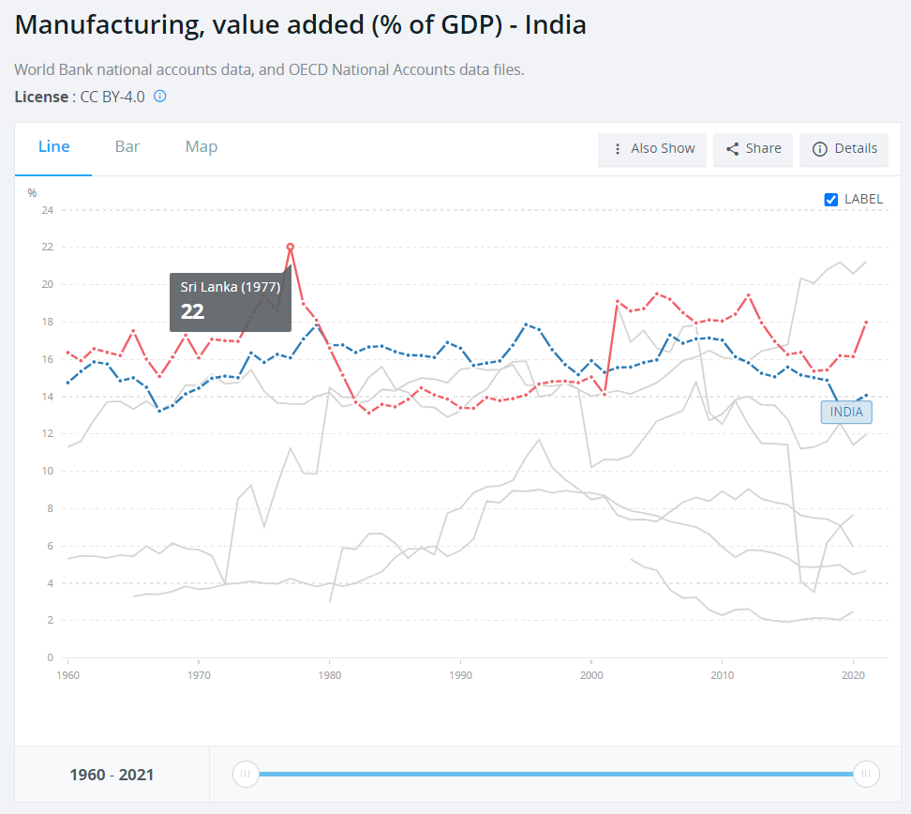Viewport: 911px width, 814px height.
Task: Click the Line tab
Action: [53, 147]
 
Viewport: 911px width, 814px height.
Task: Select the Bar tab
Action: [127, 147]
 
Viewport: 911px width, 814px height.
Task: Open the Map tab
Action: [202, 147]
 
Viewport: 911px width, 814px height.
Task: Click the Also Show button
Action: [652, 148]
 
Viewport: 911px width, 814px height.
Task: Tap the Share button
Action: [754, 148]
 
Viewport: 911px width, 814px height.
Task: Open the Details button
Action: [844, 148]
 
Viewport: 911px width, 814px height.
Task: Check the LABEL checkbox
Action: [830, 199]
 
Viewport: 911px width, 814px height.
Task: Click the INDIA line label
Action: [846, 412]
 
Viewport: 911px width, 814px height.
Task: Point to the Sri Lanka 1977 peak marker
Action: [291, 247]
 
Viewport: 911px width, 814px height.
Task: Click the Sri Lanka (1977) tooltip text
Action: [230, 288]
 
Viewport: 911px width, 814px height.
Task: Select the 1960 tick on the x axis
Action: [67, 674]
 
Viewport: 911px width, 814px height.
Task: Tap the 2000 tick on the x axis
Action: [590, 674]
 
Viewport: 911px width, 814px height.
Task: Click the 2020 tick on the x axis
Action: [853, 674]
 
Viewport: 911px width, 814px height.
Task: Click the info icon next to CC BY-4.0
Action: [160, 96]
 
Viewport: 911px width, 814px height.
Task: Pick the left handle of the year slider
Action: [246, 774]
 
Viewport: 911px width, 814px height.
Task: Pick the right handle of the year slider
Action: [867, 774]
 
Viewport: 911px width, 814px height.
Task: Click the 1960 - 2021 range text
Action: [112, 775]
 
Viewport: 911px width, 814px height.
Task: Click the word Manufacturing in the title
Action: [102, 24]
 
